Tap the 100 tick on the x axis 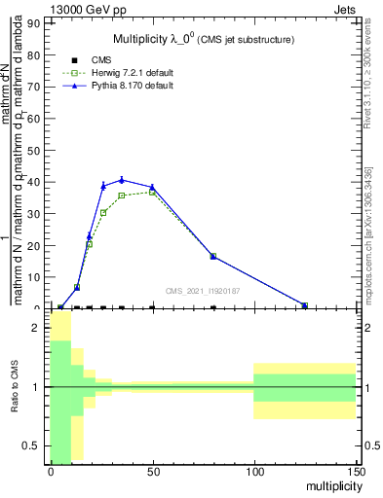(x=253, y=473)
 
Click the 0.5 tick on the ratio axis (x=32, y=445)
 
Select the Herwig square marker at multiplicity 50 (x=152, y=193)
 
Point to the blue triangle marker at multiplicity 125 (x=305, y=305)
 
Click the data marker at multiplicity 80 (x=213, y=307)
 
